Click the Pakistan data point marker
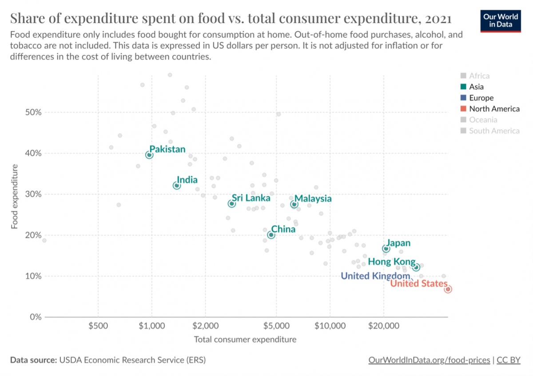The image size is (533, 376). (x=149, y=155)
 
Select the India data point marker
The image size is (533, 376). (x=177, y=186)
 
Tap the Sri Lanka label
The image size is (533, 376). (x=251, y=198)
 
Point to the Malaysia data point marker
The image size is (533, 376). (x=294, y=204)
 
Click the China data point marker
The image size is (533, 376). (x=271, y=235)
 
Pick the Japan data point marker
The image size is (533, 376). (x=386, y=249)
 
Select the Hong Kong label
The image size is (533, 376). (x=392, y=262)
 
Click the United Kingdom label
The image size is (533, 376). (x=375, y=276)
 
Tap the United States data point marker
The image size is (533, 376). (x=448, y=289)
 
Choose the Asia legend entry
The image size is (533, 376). (x=476, y=87)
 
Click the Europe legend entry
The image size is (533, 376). (x=481, y=98)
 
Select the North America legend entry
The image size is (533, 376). (x=494, y=109)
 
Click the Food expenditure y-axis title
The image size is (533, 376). (x=15, y=196)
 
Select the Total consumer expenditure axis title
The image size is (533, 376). (x=245, y=340)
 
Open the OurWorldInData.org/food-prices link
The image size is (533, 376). (x=429, y=360)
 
